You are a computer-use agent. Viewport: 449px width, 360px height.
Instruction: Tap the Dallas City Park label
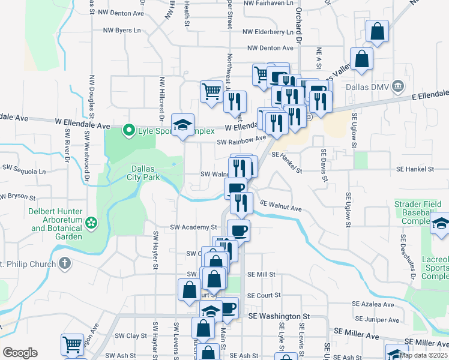pos(143,173)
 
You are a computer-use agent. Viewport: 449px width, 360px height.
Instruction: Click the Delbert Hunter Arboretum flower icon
pos(91,223)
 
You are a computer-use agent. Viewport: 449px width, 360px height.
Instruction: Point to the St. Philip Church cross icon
pos(64,263)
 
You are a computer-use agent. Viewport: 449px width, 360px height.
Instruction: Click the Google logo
pos(20,353)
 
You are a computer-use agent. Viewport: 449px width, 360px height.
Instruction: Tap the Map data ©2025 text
pos(423,355)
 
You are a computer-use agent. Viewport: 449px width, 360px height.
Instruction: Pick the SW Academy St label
pos(193,227)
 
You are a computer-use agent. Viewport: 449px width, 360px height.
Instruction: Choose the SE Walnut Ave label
pos(281,207)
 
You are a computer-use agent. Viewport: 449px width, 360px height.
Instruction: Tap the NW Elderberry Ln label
pos(268,32)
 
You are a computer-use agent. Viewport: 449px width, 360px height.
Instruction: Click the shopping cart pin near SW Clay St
pos(72,344)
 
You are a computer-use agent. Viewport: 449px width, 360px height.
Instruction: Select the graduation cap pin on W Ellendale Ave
pos(183,124)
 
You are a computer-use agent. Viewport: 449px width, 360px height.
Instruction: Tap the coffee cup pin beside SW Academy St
pos(238,230)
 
